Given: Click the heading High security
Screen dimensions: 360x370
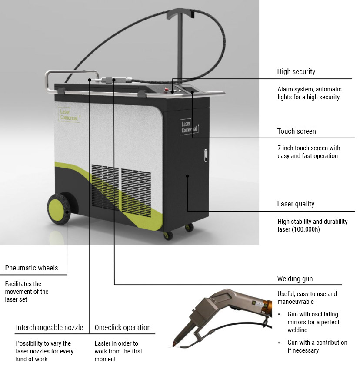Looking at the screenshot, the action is click(296, 71).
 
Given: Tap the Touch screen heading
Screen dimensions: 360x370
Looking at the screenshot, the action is click(297, 131).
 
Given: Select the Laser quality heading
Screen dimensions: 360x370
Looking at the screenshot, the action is click(296, 204).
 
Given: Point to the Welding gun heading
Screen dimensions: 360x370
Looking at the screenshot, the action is click(295, 279).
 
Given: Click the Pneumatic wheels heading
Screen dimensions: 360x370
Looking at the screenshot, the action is click(32, 268).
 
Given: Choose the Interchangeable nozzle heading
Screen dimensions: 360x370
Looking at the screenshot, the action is click(50, 327).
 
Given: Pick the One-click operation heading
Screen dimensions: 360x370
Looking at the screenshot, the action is click(123, 327).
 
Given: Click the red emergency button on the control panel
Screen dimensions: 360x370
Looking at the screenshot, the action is click(167, 90).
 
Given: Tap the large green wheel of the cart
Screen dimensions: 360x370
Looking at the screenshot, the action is click(59, 209).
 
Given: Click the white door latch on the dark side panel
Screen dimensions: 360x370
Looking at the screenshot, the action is click(206, 155).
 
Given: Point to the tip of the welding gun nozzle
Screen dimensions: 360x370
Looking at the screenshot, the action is click(174, 345).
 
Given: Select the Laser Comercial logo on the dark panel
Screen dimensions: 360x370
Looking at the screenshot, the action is click(189, 127).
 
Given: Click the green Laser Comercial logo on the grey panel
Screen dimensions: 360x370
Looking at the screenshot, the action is click(69, 115).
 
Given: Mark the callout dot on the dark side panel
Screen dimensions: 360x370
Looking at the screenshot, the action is click(187, 176).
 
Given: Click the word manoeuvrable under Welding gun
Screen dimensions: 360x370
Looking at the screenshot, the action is click(296, 302).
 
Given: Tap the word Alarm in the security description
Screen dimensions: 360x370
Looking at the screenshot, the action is click(284, 89).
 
